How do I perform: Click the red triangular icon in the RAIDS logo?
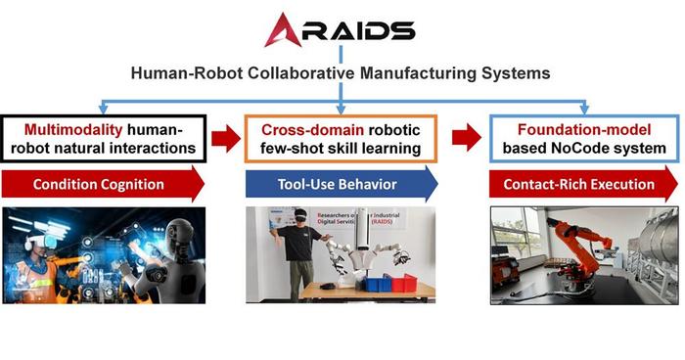coord(283,29)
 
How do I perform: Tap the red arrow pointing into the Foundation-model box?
coord(468,138)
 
